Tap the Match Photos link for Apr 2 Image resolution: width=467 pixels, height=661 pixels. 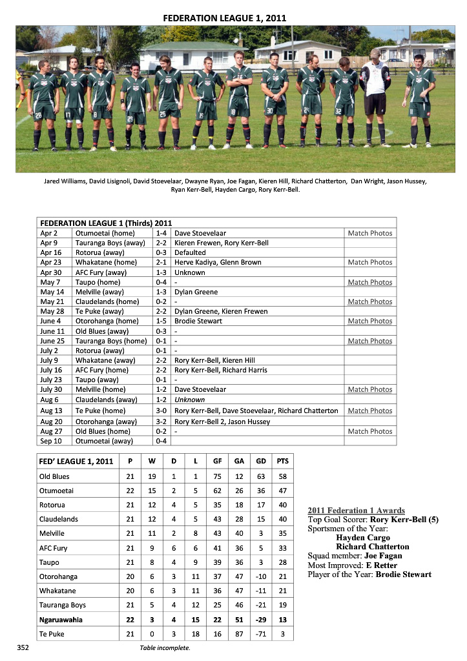(x=369, y=233)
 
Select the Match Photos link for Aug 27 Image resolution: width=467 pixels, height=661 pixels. (x=369, y=431)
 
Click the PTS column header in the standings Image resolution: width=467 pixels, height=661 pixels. (x=282, y=462)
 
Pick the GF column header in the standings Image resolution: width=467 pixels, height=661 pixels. (x=217, y=462)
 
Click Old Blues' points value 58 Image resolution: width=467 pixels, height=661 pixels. (x=282, y=476)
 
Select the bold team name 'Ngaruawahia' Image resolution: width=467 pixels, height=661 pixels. (x=61, y=620)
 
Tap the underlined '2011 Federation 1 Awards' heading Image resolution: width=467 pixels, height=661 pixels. (x=356, y=511)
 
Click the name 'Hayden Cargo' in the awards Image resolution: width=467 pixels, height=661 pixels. (x=363, y=538)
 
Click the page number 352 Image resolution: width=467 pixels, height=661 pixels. (x=23, y=646)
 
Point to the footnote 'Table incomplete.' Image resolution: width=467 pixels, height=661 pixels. (x=165, y=647)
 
